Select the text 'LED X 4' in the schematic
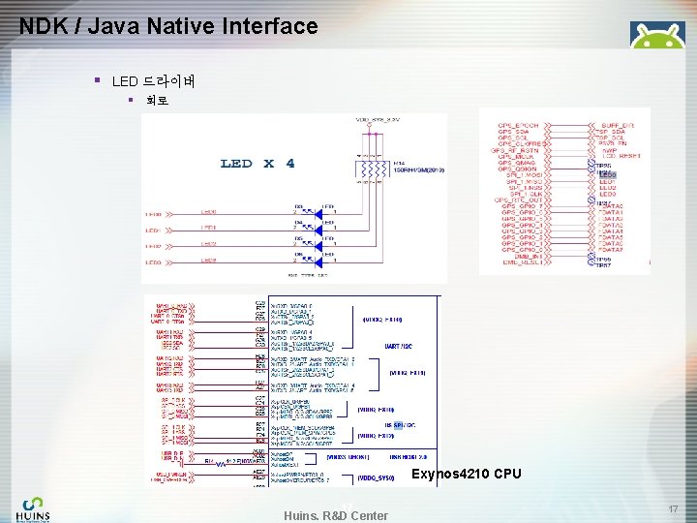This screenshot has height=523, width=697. (x=257, y=163)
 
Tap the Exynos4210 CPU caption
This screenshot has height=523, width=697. (x=467, y=474)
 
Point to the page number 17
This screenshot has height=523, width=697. (x=672, y=508)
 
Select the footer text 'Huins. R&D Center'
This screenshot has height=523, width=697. (x=336, y=515)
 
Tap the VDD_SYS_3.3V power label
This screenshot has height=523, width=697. (x=377, y=120)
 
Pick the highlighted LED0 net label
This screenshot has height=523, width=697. (x=607, y=173)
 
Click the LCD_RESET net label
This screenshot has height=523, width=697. (x=620, y=156)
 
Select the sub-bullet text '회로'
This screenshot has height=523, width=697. (x=156, y=100)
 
